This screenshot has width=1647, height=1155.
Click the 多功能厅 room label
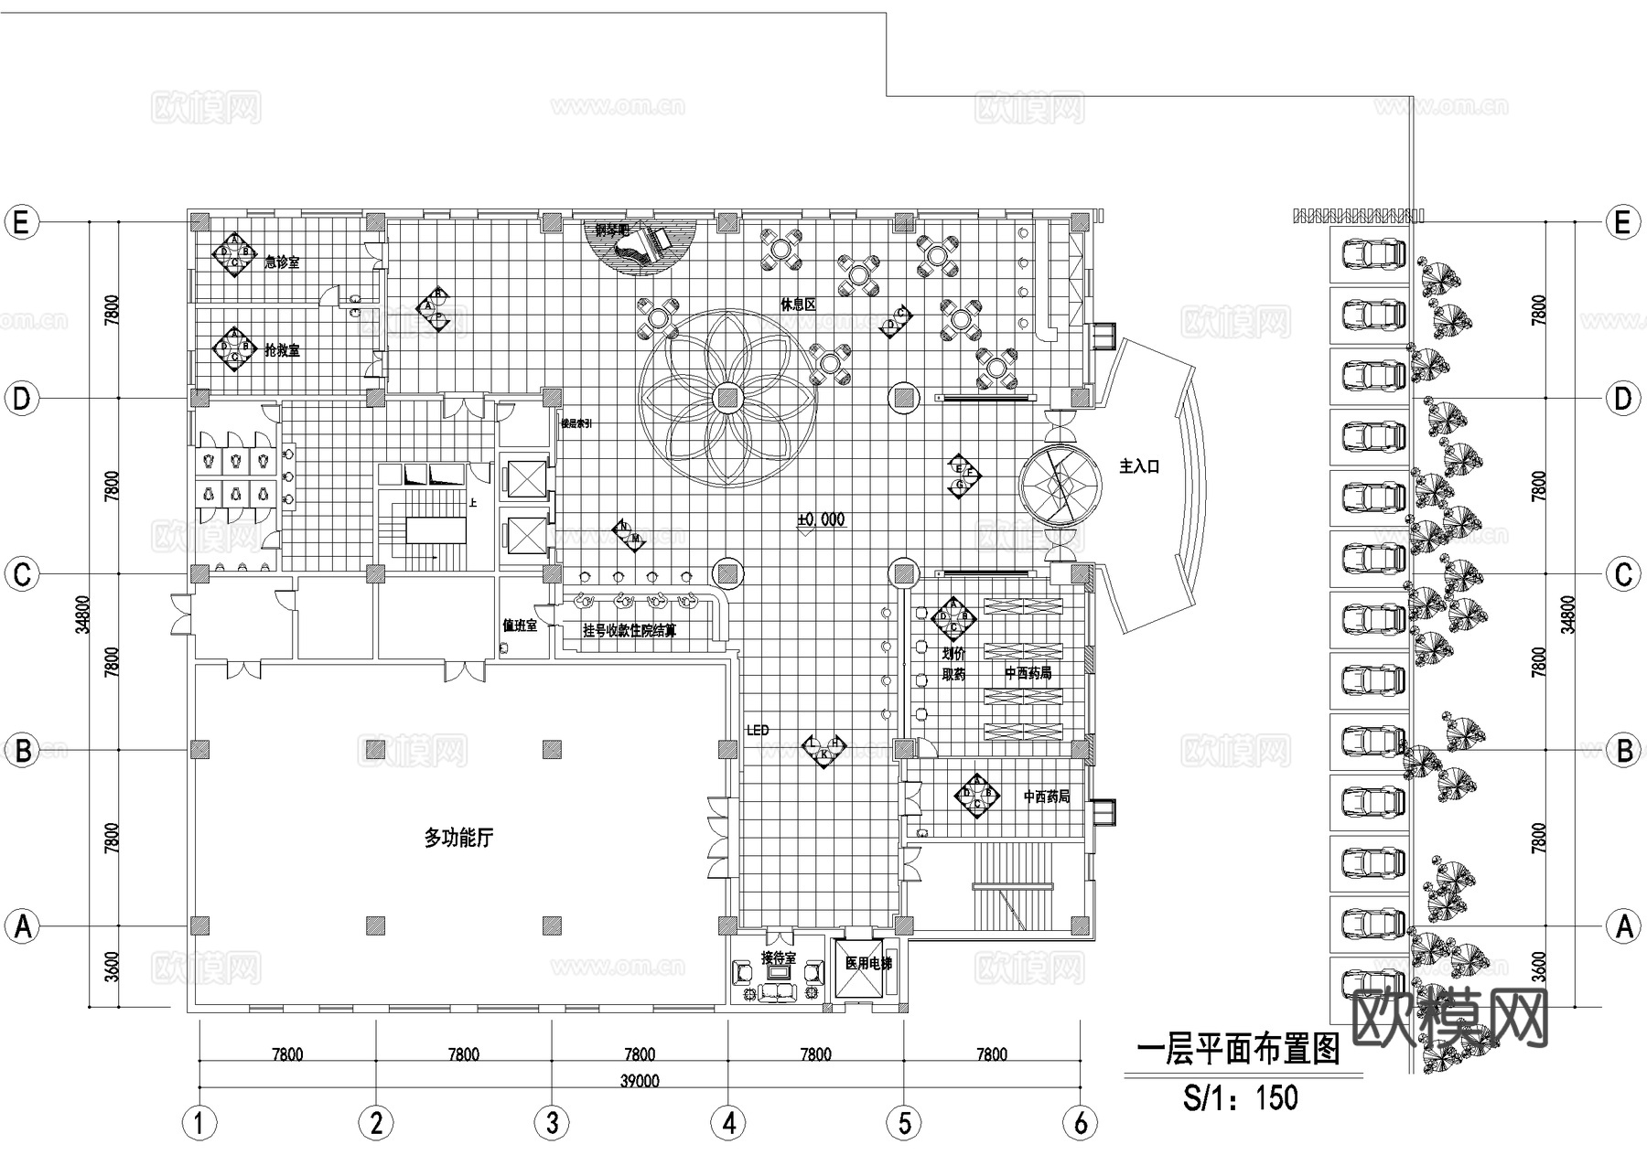(x=458, y=837)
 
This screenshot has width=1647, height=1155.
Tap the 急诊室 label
(x=282, y=262)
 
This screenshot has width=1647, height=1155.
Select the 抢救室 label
(x=282, y=350)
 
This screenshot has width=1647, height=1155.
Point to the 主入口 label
(x=1139, y=466)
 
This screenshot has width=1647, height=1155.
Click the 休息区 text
(x=797, y=305)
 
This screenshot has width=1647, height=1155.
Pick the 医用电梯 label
(x=867, y=963)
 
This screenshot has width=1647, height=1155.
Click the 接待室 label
(x=779, y=958)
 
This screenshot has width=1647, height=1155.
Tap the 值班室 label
(x=519, y=625)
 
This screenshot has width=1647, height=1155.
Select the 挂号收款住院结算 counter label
(x=630, y=630)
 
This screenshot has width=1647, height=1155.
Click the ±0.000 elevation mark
(x=821, y=519)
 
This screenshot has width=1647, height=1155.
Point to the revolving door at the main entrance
(x=1060, y=485)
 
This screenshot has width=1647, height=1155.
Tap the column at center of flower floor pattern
(x=727, y=398)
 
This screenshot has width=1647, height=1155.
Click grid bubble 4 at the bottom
(x=728, y=1123)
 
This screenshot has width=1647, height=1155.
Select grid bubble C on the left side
(x=22, y=574)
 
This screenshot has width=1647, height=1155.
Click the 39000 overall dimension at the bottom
(x=639, y=1081)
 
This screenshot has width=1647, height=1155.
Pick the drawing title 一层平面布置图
(x=1237, y=1050)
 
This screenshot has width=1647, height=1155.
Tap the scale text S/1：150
(x=1240, y=1096)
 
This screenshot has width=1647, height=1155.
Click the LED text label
(x=758, y=731)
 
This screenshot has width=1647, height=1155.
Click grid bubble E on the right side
(x=1623, y=222)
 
